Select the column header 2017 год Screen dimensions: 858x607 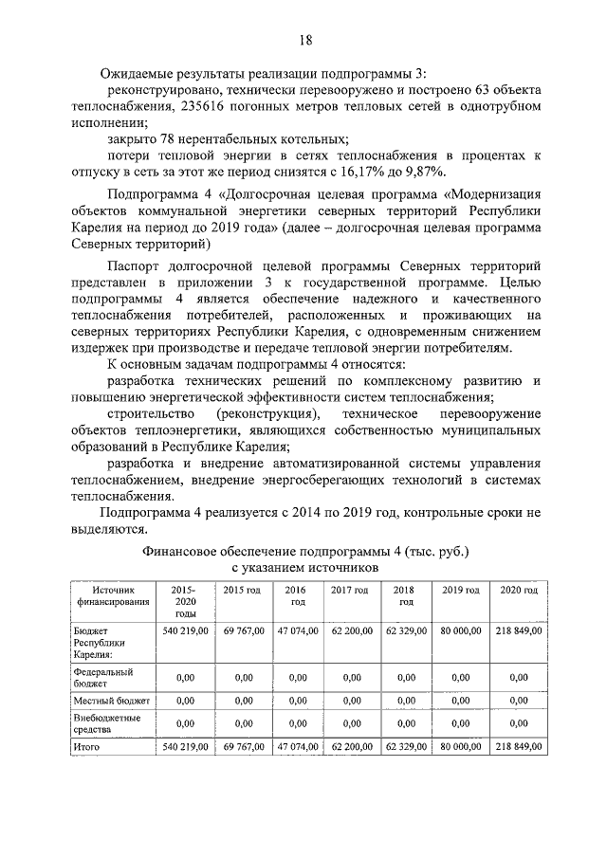(x=349, y=590)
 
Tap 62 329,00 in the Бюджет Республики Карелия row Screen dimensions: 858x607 (x=406, y=630)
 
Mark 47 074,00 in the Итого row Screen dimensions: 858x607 (x=297, y=747)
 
